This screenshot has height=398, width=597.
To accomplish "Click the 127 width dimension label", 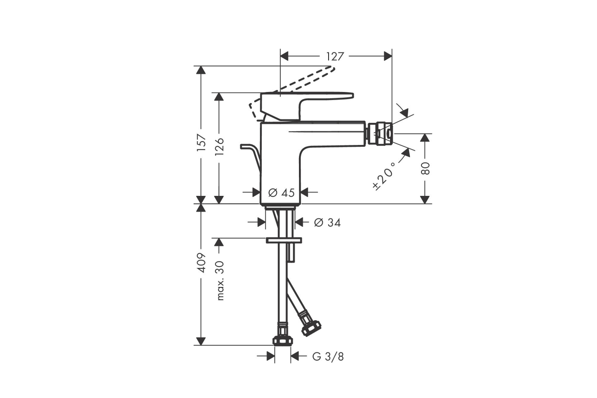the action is click(x=335, y=57).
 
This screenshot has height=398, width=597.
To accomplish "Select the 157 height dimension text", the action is click(x=202, y=143).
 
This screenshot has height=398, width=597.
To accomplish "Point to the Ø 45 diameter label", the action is click(x=281, y=192).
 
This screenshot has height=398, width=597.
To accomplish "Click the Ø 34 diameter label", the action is click(x=327, y=222).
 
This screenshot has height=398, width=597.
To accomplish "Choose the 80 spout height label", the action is click(x=425, y=168).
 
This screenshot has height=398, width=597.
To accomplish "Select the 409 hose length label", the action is click(x=202, y=263).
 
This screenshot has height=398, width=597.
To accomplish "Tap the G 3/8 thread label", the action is click(x=328, y=357).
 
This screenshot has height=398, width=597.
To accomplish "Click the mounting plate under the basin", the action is click(x=284, y=240).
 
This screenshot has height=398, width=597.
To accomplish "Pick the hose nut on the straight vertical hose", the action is click(x=283, y=341).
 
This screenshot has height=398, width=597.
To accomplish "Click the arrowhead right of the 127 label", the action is click(x=388, y=57).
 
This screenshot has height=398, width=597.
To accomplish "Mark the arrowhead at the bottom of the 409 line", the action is click(x=201, y=341).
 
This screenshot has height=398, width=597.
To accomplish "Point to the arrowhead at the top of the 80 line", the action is click(x=425, y=138).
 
